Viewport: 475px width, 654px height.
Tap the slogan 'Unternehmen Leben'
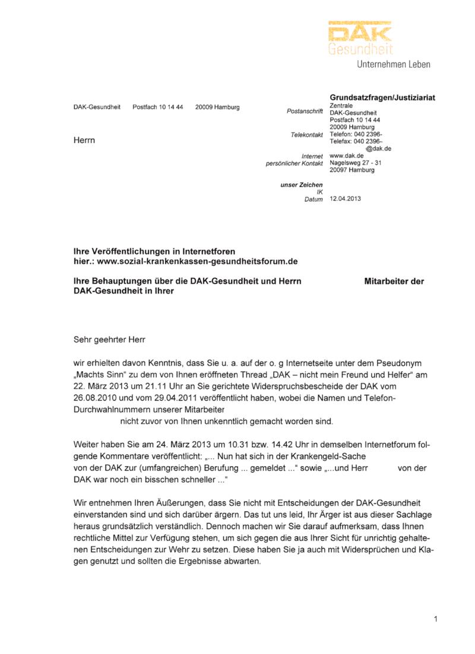[x=393, y=64]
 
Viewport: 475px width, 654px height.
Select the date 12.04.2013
[x=345, y=199]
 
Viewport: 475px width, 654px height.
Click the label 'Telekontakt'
[x=306, y=135]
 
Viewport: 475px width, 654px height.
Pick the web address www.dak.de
[x=346, y=156]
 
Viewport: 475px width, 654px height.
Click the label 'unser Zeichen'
[x=302, y=185]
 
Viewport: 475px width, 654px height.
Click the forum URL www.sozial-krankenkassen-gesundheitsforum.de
[x=197, y=261]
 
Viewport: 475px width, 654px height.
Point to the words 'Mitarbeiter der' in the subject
[x=394, y=282]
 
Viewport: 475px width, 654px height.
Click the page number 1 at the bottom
[x=436, y=620]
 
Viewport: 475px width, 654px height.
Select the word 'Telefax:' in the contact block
[x=342, y=142]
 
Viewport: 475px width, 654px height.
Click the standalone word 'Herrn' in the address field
[x=84, y=140]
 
